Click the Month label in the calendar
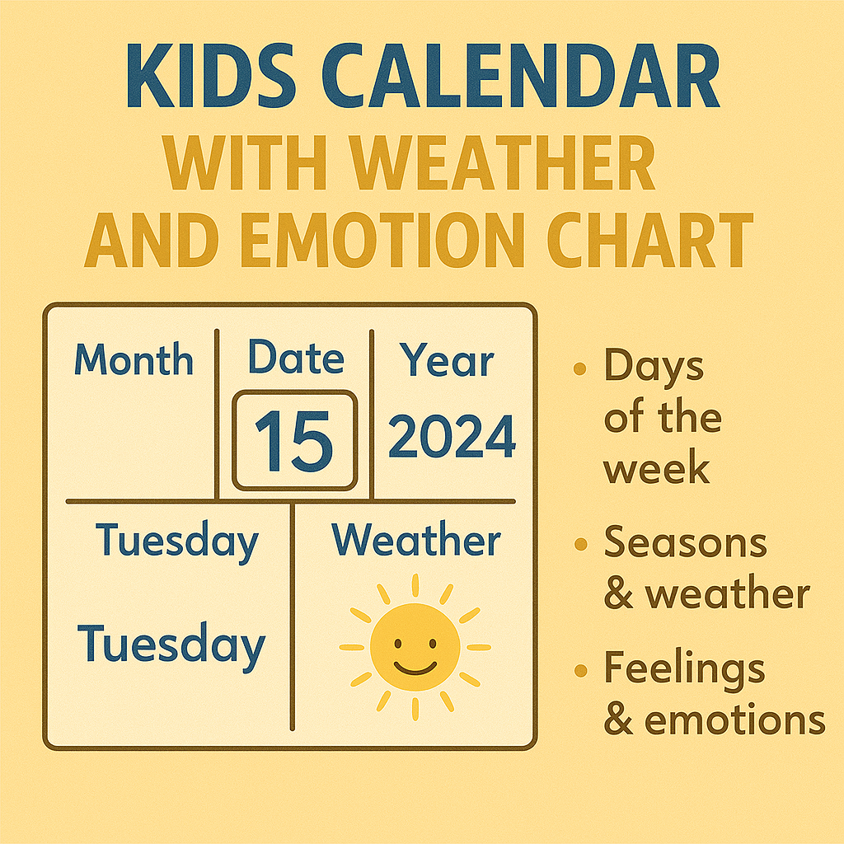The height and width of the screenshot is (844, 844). tap(134, 360)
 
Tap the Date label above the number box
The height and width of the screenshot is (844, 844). tap(296, 359)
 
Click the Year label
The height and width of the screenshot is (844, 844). tap(448, 361)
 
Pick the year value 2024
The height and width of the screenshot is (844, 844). tap(452, 437)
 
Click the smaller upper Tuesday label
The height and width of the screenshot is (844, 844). tap(177, 542)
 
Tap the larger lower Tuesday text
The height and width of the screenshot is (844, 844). tap(171, 645)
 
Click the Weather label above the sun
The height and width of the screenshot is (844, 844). tap(416, 542)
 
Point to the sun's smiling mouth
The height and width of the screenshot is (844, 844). tap(415, 665)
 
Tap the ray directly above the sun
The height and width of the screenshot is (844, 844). tap(415, 586)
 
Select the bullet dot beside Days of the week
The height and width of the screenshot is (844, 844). tap(581, 368)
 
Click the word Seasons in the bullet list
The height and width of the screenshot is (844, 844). tap(686, 543)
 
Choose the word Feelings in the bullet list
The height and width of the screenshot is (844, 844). tap(684, 668)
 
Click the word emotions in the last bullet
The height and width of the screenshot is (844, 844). tap(734, 719)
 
